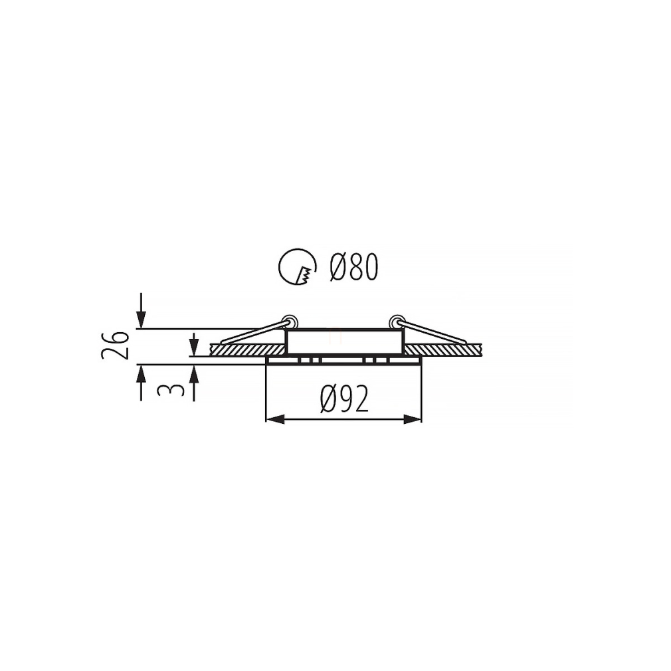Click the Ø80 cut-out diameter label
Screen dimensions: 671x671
point(354,267)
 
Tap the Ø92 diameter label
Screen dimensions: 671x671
point(344,398)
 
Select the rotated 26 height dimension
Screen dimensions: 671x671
point(115,345)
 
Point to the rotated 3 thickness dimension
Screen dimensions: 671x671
point(171,389)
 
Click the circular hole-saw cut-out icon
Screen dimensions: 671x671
point(298,266)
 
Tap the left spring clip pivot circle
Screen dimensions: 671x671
point(290,322)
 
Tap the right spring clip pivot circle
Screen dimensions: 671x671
point(396,322)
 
